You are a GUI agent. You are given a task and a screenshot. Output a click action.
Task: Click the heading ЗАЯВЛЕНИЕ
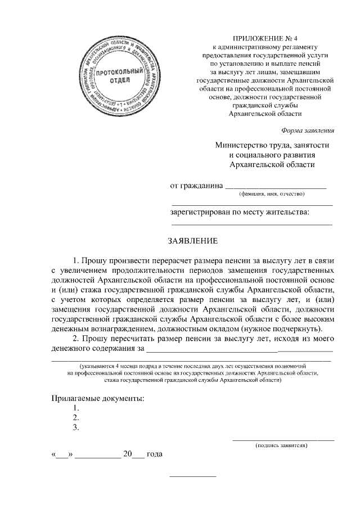pos(193,241)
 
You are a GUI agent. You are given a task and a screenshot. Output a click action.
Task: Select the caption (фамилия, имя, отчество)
pos(272,195)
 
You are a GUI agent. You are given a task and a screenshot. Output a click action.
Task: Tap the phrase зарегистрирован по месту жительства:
pos(240,213)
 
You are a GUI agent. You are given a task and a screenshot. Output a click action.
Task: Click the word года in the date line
pos(155,454)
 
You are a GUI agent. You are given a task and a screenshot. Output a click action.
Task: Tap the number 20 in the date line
pos(128,454)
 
